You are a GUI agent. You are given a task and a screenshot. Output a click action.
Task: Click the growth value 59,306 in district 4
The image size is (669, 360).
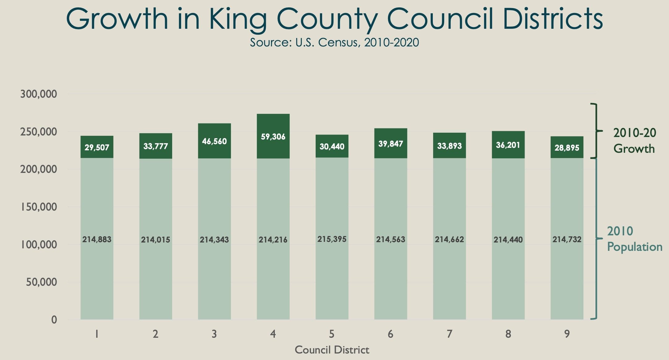(x=273, y=137)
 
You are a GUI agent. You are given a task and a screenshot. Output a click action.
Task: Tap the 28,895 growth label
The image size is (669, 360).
(x=567, y=148)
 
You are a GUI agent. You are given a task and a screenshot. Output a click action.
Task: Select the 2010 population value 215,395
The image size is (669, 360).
(x=332, y=239)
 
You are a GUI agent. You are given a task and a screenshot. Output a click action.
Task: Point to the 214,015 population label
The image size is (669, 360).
(x=156, y=240)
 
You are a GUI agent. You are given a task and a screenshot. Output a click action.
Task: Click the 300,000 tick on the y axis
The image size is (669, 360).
(x=39, y=94)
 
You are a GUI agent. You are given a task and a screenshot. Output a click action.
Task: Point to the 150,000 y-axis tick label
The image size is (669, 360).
(x=39, y=207)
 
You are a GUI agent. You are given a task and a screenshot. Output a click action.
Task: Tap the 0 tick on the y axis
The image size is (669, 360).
(x=54, y=320)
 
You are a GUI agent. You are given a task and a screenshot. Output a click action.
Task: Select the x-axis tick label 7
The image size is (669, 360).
(x=449, y=334)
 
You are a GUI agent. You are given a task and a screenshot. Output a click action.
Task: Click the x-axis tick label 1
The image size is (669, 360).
(x=97, y=334)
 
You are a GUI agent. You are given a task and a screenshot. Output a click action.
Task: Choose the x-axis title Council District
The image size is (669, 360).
(x=332, y=350)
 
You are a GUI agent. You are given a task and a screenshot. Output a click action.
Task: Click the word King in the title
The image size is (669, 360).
(x=237, y=19)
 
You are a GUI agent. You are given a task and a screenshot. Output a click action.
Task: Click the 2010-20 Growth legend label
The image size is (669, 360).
(x=634, y=141)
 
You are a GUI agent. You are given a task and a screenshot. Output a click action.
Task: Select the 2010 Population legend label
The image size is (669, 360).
(x=634, y=239)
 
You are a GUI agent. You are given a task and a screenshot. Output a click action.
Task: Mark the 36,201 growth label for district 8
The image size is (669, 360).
(x=508, y=145)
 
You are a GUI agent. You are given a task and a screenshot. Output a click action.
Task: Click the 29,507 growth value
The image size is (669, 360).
(x=97, y=148)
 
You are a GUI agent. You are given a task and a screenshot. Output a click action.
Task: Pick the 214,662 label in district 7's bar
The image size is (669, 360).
(x=449, y=239)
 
